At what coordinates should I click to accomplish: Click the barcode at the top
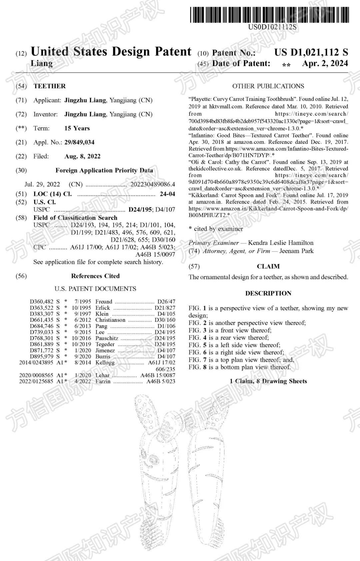pyautogui.click(x=269, y=15)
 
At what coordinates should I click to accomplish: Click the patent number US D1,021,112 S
pyautogui.click(x=311, y=52)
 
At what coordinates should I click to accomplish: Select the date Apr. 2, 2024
pyautogui.click(x=325, y=63)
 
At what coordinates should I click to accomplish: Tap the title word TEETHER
pyautogui.click(x=50, y=86)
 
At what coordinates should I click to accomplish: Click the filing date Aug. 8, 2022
pyautogui.click(x=82, y=156)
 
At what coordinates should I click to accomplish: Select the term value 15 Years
pyautogui.click(x=77, y=128)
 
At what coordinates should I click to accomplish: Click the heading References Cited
pyautogui.click(x=95, y=276)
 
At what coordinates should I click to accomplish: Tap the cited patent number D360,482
pyautogui.click(x=41, y=301)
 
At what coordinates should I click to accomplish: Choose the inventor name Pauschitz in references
pyautogui.click(x=107, y=338)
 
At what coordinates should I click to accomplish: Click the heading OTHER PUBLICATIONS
pyautogui.click(x=268, y=86)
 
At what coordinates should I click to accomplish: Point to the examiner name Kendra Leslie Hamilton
pyautogui.click(x=281, y=243)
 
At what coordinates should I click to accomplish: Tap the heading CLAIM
pyautogui.click(x=268, y=267)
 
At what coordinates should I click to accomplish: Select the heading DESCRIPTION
pyautogui.click(x=268, y=293)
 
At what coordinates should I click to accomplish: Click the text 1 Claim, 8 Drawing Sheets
pyautogui.click(x=268, y=381)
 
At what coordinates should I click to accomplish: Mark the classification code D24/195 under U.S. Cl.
pyautogui.click(x=140, y=210)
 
